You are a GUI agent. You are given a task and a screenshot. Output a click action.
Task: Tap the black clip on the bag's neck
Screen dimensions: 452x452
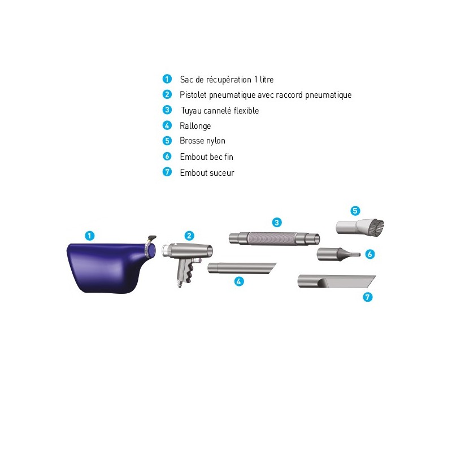click(151, 238)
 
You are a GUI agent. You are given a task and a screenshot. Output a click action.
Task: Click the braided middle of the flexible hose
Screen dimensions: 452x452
click(271, 238)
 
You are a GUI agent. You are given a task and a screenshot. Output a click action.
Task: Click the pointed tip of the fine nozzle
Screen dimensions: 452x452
click(360, 255)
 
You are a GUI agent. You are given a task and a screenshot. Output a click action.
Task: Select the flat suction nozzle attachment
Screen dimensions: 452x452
click(336, 281)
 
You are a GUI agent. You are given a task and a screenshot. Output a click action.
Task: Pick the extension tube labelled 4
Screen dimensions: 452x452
click(242, 268)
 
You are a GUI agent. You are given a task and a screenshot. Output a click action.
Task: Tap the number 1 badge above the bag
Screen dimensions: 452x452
click(90, 236)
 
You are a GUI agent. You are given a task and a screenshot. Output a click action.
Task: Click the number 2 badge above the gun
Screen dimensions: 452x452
click(189, 236)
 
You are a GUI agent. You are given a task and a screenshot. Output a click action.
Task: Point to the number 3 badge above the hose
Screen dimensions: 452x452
click(277, 223)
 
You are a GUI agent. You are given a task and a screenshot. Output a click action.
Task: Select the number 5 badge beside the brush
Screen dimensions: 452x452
click(355, 211)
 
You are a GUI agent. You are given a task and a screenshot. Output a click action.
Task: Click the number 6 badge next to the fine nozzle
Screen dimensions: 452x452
click(370, 254)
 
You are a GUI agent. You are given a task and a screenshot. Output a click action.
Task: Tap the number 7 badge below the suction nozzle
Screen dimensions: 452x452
click(368, 297)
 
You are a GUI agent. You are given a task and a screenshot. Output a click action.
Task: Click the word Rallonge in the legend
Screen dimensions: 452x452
click(195, 126)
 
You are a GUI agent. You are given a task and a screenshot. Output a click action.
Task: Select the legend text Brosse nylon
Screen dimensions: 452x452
click(202, 141)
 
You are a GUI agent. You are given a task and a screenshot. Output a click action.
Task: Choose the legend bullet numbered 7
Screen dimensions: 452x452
click(167, 172)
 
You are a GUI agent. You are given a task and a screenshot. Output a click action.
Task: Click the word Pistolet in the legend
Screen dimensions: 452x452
click(193, 94)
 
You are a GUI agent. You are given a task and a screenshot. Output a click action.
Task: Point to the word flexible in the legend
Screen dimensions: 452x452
click(246, 110)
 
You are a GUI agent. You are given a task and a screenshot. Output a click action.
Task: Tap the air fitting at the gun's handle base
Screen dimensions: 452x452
click(180, 284)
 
